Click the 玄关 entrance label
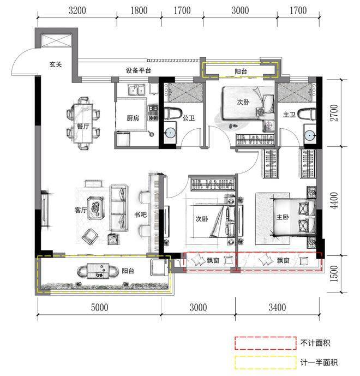point(56,64)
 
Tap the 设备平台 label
point(139,70)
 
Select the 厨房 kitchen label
point(133,118)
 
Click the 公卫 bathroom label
point(189,118)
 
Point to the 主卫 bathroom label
point(289,115)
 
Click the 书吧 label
point(140,214)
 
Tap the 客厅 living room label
point(81,210)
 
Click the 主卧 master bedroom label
point(283,217)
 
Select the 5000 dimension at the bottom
point(99,307)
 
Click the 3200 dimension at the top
point(77,10)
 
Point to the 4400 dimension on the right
point(334,200)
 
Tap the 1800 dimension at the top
point(139,10)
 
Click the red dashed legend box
point(266,343)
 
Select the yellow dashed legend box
point(266,362)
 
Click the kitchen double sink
point(136,90)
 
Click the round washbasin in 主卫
point(310,135)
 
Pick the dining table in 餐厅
point(83,123)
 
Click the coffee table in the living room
point(96,208)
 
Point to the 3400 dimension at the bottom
point(277,307)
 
